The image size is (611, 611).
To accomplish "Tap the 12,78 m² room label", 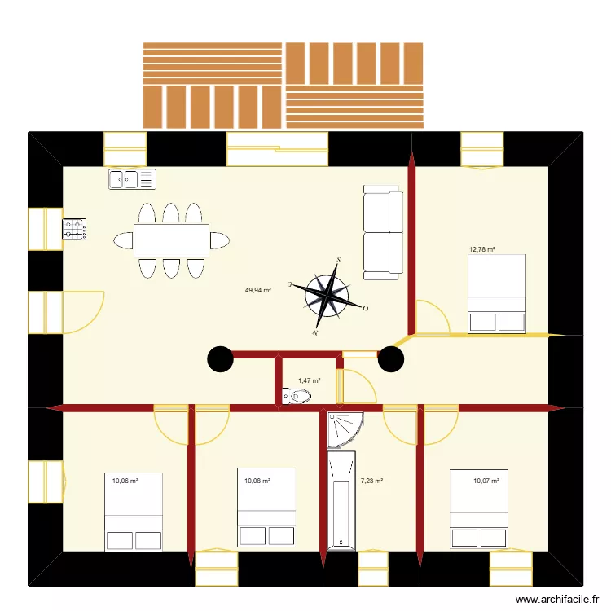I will coord(482,250).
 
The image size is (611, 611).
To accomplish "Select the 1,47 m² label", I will coord(309,380).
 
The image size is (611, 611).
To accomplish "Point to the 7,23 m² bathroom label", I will coord(371,481).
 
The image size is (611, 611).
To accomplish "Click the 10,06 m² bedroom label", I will coord(125,481).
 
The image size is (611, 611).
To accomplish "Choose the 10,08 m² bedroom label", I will coord(257,481).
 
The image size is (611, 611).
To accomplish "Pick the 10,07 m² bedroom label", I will coord(486,481).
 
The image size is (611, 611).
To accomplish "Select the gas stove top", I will coord(75,228).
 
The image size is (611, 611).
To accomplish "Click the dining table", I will coord(171,240).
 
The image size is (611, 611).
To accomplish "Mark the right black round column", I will coord(391,358).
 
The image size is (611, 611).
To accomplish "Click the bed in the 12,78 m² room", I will coord(496,293).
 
